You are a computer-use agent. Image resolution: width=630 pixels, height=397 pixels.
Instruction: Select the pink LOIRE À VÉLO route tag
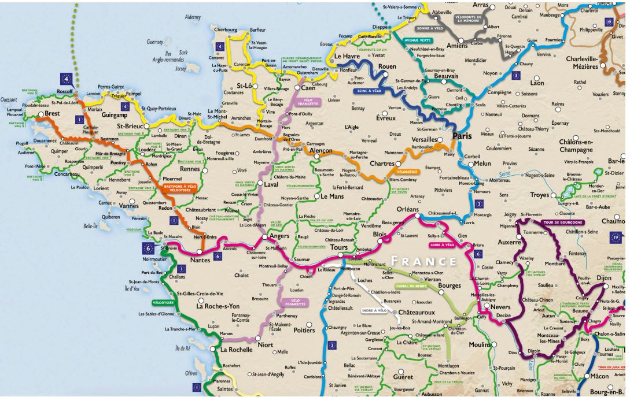click(x=442, y=244)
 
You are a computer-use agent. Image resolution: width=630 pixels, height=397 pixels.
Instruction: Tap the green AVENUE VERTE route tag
click(x=418, y=40)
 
